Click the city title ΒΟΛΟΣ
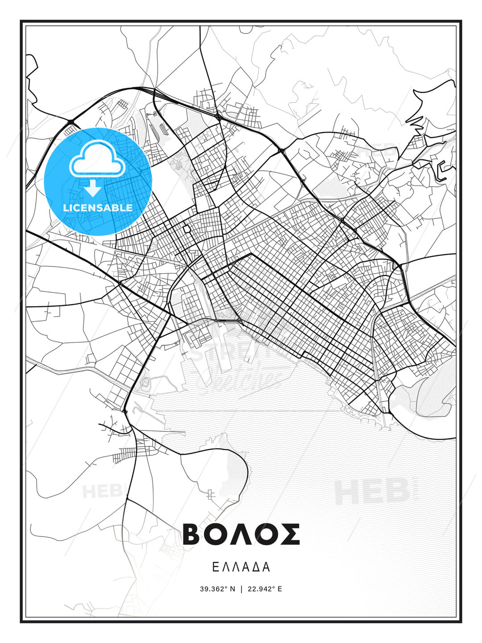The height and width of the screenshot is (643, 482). tap(241, 534)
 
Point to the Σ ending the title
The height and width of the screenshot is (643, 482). tap(289, 534)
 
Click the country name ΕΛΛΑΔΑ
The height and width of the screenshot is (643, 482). tap(241, 567)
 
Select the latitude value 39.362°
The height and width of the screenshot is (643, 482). tap(213, 589)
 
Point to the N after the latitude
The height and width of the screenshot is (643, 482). tap(233, 589)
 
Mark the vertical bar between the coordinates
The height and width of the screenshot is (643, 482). tap(241, 589)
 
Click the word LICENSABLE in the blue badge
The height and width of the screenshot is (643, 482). tap(98, 208)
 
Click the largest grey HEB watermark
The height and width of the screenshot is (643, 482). tap(372, 491)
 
